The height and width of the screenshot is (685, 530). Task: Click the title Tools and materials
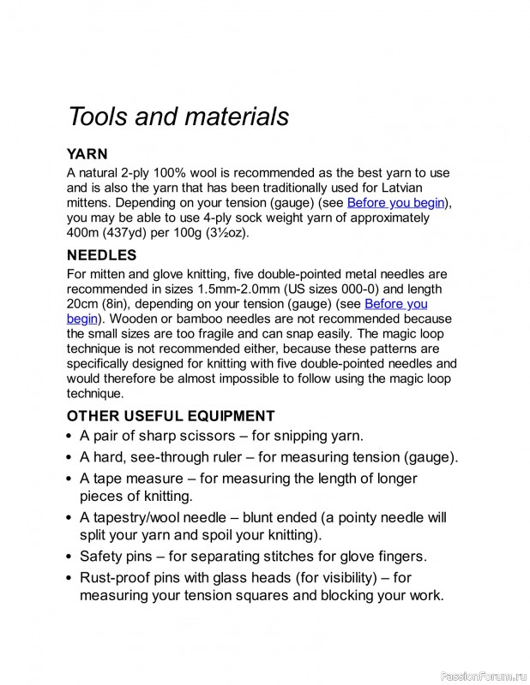178,116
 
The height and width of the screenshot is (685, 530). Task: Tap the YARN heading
87,155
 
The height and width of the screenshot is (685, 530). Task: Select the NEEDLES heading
101,255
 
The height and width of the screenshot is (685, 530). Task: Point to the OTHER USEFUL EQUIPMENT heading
171,416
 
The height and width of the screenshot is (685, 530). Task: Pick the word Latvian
398,188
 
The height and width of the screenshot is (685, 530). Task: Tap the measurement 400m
84,233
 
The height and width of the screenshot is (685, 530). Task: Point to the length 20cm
83,304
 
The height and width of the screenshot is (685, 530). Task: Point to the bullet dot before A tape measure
69,479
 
